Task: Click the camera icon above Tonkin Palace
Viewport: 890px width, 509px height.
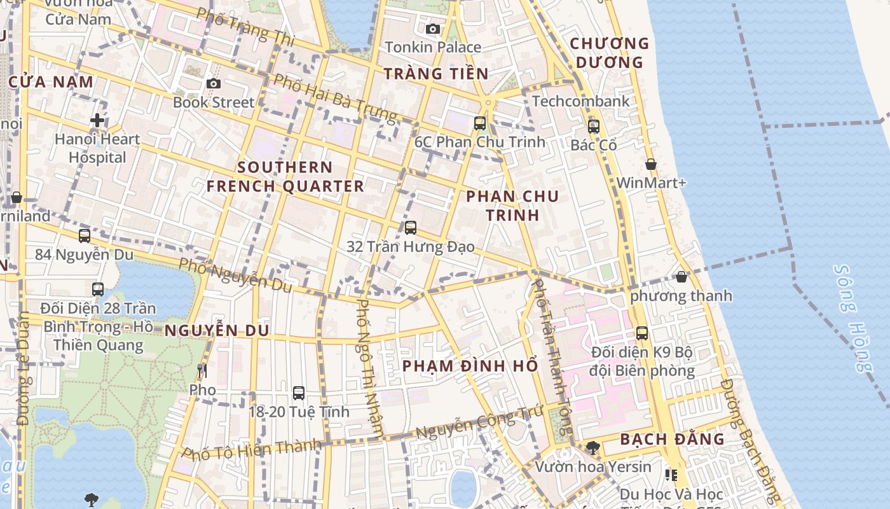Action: [433, 29]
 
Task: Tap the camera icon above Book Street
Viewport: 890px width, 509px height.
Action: [214, 83]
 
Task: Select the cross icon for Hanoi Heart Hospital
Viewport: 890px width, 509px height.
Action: [97, 120]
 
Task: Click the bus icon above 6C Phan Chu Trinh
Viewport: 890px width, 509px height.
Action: [480, 123]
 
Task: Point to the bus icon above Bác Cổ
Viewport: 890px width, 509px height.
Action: [594, 126]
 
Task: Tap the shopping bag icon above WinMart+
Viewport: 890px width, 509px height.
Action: [651, 164]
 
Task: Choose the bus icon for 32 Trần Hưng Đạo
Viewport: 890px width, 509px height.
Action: [411, 227]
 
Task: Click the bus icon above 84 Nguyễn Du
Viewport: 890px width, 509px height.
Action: [85, 236]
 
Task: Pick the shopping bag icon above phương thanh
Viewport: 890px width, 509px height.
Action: [681, 277]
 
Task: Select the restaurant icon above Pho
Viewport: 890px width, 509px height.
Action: [202, 370]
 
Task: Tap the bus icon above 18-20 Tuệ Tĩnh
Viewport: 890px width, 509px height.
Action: [299, 393]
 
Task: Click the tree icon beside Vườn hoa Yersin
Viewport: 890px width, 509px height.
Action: [593, 447]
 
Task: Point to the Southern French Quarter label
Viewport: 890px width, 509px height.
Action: [285, 177]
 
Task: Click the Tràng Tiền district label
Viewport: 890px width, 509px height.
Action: [436, 74]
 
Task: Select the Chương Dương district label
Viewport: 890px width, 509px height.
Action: [610, 53]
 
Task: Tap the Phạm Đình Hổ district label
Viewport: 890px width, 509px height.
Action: [470, 366]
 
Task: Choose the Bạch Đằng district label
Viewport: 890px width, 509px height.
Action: [672, 439]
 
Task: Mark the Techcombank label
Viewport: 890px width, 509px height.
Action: [581, 101]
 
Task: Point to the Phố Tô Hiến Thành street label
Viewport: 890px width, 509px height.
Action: [252, 449]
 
